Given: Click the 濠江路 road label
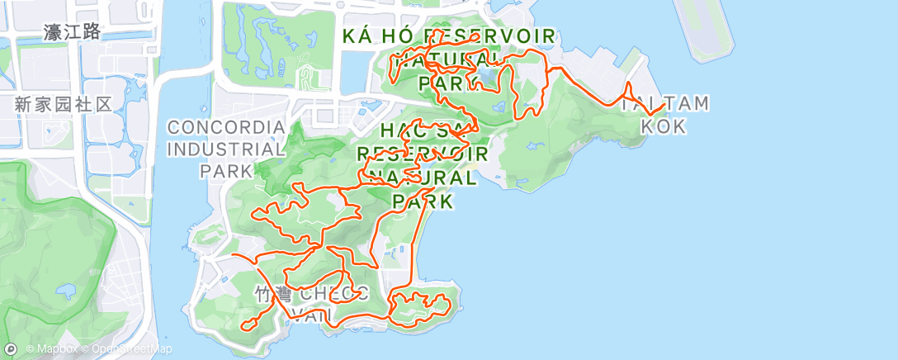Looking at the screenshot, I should tap(73, 32).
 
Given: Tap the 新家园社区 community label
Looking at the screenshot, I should tap(63, 105).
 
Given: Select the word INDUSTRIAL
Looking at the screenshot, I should tap(226, 149).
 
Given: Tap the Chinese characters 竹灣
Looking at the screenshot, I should tap(272, 294).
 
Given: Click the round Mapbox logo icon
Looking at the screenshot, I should tap(11, 349).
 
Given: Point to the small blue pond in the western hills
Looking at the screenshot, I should tap(66, 291).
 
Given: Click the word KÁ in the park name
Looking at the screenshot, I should tap(357, 37).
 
